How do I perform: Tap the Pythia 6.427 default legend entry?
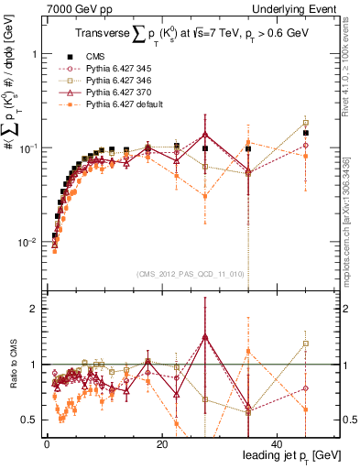(x=132, y=104)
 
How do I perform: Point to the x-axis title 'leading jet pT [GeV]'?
(x=281, y=455)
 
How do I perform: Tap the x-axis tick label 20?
(x=161, y=443)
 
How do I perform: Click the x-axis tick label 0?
(x=47, y=443)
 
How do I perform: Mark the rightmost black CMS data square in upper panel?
(x=306, y=133)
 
